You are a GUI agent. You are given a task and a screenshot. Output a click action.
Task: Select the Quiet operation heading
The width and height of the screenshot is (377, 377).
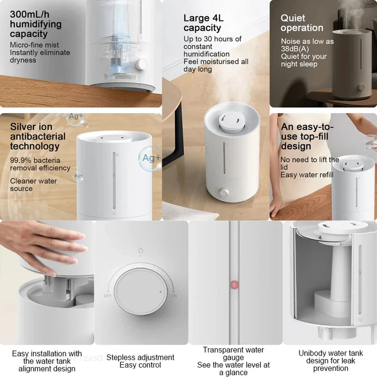[x=302, y=23]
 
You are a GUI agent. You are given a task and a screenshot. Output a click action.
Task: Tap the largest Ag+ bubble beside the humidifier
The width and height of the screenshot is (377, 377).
[x=150, y=157]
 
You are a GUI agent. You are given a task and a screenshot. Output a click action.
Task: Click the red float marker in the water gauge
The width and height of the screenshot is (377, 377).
[x=234, y=285]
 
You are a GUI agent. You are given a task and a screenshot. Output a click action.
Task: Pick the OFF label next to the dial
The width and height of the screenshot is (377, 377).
[x=108, y=295]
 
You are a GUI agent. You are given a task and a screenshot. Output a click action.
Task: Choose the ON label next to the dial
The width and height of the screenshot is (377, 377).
[x=173, y=295]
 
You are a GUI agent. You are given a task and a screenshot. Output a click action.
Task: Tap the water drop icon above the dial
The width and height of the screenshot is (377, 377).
[x=141, y=251]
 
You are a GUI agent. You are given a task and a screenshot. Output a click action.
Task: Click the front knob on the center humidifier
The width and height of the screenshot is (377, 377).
[x=224, y=192]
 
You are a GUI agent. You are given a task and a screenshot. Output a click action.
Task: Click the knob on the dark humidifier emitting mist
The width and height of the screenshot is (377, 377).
[x=361, y=87]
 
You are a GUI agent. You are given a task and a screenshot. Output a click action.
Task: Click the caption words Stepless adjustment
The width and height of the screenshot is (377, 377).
[x=140, y=357]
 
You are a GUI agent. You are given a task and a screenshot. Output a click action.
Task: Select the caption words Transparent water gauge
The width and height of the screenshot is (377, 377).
[x=234, y=353]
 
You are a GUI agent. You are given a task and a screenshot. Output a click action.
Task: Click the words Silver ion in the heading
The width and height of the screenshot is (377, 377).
[x=31, y=127]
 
